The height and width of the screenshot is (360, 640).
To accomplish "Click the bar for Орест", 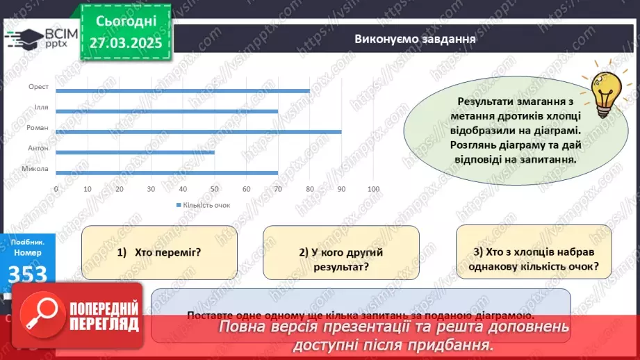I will pyautogui.click(x=182, y=91).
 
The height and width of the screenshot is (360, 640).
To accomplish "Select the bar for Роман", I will pyautogui.click(x=198, y=131).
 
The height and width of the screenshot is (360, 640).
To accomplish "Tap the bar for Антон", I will pyautogui.click(x=135, y=152).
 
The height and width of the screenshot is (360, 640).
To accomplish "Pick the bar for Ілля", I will pyautogui.click(x=166, y=111).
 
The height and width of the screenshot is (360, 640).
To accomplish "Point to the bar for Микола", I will pyautogui.click(x=166, y=172).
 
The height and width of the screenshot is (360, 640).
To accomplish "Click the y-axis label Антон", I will pyautogui.click(x=38, y=148).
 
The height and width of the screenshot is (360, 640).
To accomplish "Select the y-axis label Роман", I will pyautogui.click(x=38, y=128).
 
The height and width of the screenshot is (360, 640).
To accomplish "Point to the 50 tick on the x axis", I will pyautogui.click(x=214, y=189).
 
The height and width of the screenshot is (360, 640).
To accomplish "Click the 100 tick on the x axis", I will pyautogui.click(x=373, y=189).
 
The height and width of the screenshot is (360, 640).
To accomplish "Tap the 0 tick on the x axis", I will pyautogui.click(x=56, y=189).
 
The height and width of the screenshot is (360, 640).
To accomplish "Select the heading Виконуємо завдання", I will pyautogui.click(x=414, y=39).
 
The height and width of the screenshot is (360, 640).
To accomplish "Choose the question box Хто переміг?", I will pyautogui.click(x=159, y=252).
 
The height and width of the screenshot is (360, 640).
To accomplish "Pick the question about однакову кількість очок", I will pyautogui.click(x=533, y=259).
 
